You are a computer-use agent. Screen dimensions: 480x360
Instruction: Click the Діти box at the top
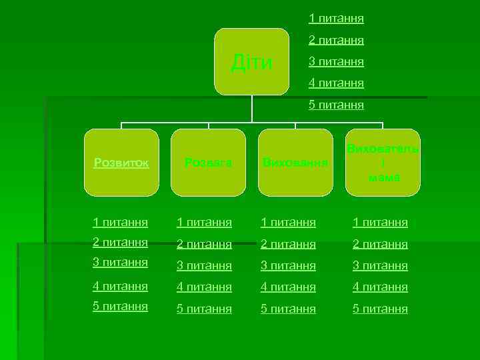[251, 62]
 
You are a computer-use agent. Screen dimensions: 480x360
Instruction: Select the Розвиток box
[122, 163]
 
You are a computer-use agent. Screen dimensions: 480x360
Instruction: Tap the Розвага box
[209, 163]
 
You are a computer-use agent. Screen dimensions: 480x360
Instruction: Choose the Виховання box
[295, 163]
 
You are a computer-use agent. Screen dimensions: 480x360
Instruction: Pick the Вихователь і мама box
[383, 163]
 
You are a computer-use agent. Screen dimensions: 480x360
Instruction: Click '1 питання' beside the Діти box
[336, 19]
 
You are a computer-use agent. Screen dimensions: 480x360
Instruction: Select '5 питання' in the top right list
[336, 105]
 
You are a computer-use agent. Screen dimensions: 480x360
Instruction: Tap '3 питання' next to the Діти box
[336, 62]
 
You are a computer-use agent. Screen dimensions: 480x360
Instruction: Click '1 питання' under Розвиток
[121, 221]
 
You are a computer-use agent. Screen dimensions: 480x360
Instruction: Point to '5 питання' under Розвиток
[121, 307]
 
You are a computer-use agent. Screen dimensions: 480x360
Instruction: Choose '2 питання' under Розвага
[205, 244]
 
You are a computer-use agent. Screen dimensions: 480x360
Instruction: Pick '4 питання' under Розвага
[205, 287]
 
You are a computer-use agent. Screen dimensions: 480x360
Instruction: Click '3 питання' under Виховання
[288, 266]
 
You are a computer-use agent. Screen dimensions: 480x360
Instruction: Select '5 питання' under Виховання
[288, 309]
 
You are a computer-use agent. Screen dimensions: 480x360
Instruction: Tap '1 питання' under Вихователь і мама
[380, 222]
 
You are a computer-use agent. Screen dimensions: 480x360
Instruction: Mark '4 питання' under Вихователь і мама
[380, 287]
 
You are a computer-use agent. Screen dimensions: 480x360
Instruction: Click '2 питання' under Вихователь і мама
[380, 244]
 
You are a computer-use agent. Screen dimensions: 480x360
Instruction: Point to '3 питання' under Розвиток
[121, 263]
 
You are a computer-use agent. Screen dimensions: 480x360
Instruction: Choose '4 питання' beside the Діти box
[336, 83]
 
